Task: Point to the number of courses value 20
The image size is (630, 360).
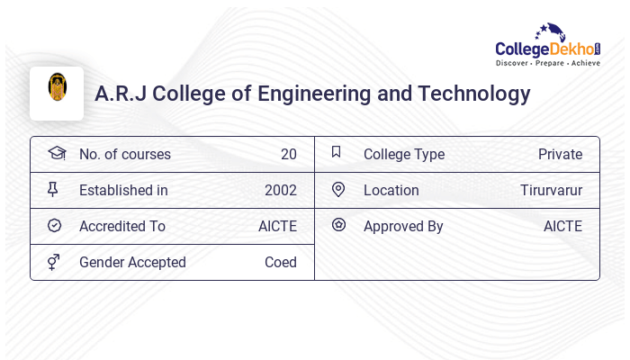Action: (288, 155)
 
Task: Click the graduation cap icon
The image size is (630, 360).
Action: (56, 154)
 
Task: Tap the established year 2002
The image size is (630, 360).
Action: (280, 191)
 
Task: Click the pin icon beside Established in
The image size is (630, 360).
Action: (53, 190)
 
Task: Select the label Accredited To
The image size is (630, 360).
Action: (122, 227)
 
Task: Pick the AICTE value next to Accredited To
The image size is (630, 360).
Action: (277, 227)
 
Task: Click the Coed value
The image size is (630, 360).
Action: (280, 263)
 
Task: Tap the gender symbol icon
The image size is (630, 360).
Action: (53, 262)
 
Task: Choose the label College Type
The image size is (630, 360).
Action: (404, 155)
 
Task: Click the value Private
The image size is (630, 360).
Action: (560, 155)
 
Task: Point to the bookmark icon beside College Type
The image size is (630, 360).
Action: (337, 153)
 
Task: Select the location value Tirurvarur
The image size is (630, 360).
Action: (551, 191)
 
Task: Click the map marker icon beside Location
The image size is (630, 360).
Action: (337, 190)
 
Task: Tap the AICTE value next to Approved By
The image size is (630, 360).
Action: (562, 227)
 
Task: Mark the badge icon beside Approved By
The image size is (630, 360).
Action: (338, 225)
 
